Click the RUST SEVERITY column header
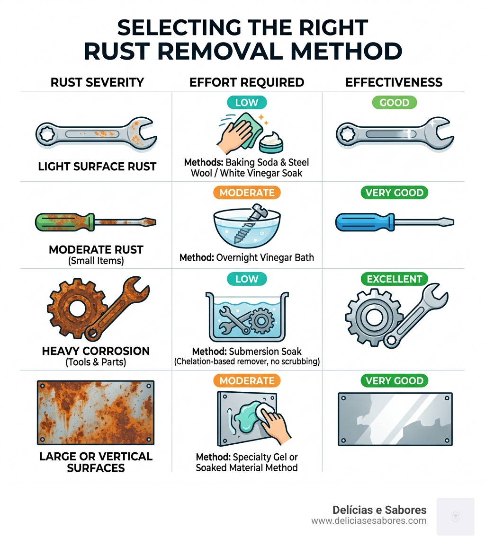pyautogui.click(x=97, y=82)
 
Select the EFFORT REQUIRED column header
pyautogui.click(x=247, y=82)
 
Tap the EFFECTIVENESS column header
pyautogui.click(x=394, y=82)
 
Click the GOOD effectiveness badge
pyautogui.click(x=394, y=102)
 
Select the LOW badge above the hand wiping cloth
pyautogui.click(x=247, y=102)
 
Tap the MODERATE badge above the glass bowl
pyautogui.click(x=247, y=193)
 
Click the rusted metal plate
pyautogui.click(x=96, y=413)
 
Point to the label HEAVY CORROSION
pyautogui.click(x=96, y=351)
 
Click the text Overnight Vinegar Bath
pyautogui.click(x=265, y=258)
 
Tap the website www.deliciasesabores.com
pyautogui.click(x=368, y=521)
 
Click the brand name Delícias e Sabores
pyautogui.click(x=379, y=510)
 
